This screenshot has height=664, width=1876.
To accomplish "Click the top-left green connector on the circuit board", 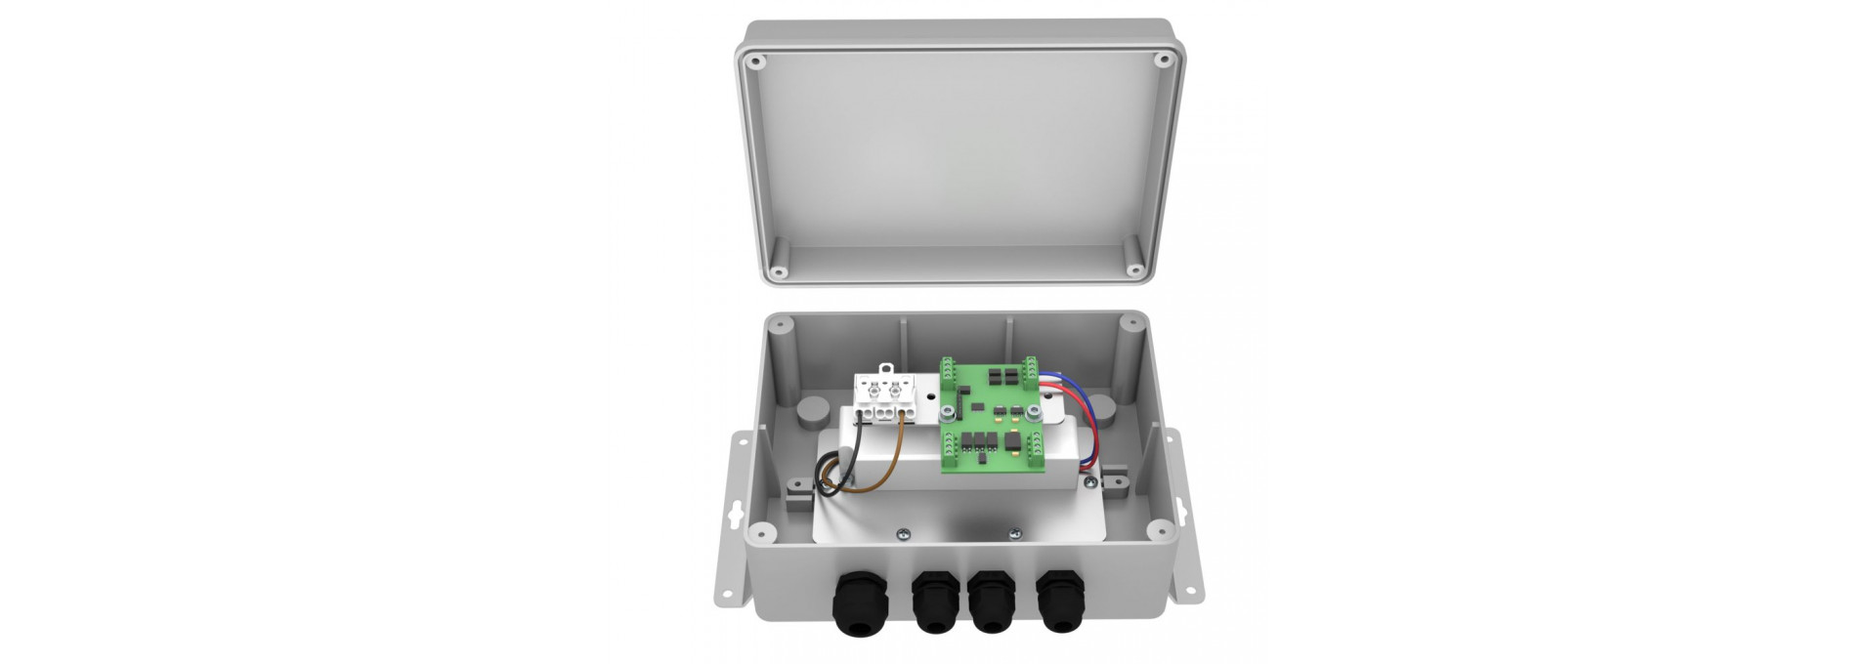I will [948, 369].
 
